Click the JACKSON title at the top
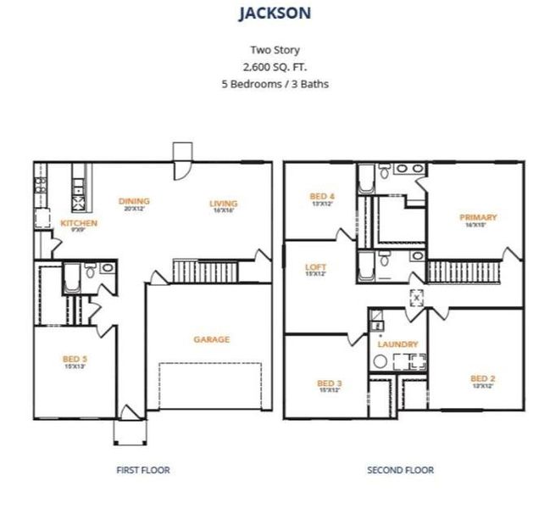click(x=275, y=13)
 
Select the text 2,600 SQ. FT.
click(x=275, y=67)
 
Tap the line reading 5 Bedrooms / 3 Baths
click(x=275, y=84)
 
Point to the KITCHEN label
click(x=79, y=223)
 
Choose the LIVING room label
click(x=224, y=203)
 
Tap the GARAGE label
click(x=211, y=339)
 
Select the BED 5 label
click(x=75, y=359)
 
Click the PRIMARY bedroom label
click(x=479, y=217)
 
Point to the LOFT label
click(x=315, y=267)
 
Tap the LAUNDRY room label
click(x=397, y=344)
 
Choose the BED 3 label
click(x=329, y=383)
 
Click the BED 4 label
click(x=323, y=197)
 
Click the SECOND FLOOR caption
click(x=400, y=469)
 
